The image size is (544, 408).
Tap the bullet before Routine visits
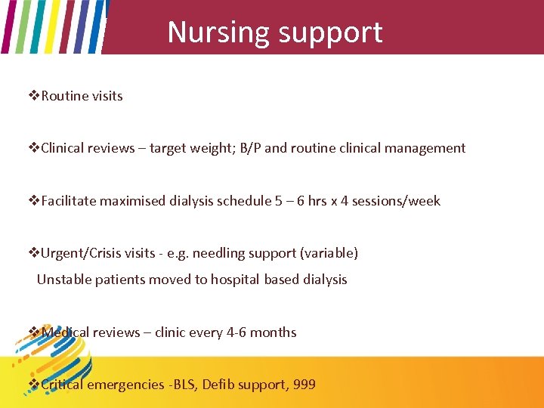click(x=34, y=96)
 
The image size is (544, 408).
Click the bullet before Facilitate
click(x=34, y=201)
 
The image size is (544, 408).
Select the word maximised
click(x=131, y=201)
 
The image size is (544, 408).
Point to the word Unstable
click(x=63, y=280)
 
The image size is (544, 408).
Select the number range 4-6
click(x=236, y=332)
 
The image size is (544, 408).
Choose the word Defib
click(x=219, y=385)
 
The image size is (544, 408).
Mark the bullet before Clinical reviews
click(x=34, y=148)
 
